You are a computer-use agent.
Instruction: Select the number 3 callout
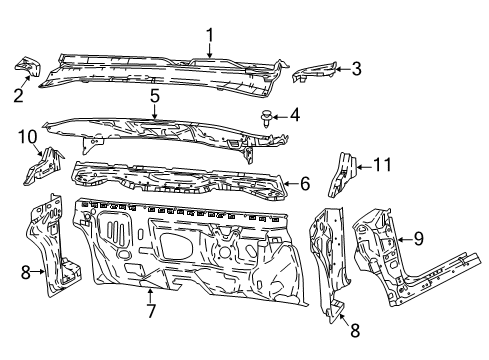point(356,68)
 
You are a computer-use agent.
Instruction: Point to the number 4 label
point(295,115)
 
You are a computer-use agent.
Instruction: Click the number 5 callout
point(155,96)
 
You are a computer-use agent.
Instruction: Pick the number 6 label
point(305,183)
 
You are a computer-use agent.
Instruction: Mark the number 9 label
point(419,238)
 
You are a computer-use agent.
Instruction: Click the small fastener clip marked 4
point(265,117)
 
